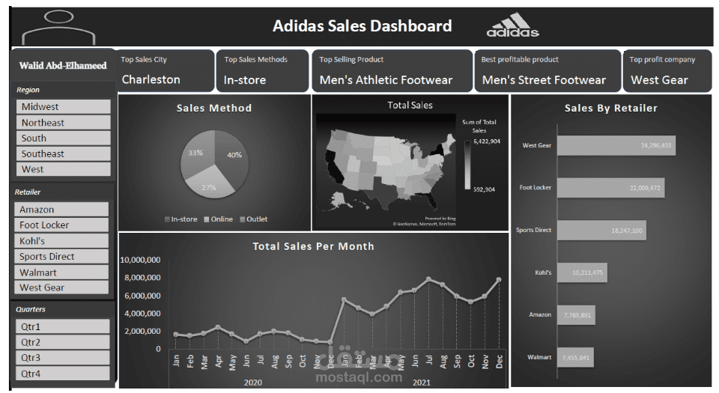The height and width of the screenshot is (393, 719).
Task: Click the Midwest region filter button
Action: [63, 107]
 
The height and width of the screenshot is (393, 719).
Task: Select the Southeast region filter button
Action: [63, 153]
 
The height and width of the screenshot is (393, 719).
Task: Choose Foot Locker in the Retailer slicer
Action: [61, 225]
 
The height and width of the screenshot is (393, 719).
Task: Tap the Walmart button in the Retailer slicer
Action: [61, 272]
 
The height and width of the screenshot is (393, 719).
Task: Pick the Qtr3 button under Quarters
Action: [62, 358]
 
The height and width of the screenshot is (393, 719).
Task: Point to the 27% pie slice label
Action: [209, 187]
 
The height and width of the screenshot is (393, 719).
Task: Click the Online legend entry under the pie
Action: [221, 219]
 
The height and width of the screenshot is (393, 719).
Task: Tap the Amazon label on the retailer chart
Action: [540, 314]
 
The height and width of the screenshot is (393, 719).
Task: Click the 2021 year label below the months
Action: [422, 383]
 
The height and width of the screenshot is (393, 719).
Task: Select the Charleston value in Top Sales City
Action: [151, 79]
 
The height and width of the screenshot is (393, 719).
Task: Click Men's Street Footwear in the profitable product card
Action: [544, 79]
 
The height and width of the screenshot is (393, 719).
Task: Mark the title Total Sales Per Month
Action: [313, 246]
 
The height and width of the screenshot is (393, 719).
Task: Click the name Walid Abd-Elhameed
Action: [63, 65]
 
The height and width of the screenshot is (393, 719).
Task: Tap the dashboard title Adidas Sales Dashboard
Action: [362, 26]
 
